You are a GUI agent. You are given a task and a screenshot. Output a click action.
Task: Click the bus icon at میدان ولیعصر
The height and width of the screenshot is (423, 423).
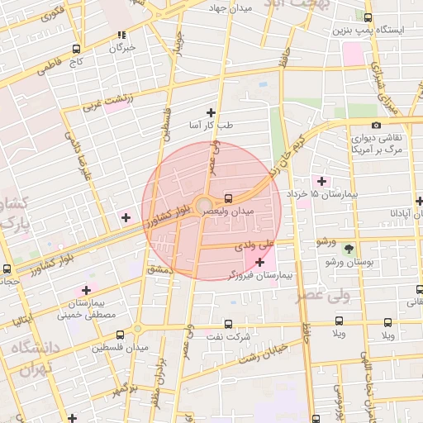pos(228,198)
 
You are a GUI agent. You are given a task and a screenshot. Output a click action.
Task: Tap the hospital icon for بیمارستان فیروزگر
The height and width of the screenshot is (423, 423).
pos(260,262)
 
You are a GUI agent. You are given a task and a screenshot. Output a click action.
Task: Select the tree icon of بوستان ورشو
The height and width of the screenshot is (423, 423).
pos(349,248)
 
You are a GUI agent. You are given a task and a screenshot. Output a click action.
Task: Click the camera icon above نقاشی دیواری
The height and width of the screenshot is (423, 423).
pos(376,126)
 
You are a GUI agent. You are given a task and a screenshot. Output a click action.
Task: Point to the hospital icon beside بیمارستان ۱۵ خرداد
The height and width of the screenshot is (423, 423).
pos(321,181)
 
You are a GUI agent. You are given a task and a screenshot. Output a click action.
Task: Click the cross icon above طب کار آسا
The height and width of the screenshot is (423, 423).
pos(211,112)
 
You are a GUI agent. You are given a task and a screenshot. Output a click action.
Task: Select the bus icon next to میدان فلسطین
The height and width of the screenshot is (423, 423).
pos(121,335)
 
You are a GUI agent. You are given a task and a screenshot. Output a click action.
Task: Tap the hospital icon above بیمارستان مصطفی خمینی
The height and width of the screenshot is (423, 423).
pos(86,290)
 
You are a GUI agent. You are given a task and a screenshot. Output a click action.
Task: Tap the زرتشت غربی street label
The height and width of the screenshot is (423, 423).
pos(106,104)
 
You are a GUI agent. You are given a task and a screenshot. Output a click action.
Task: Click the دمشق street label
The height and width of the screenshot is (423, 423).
pos(158,269)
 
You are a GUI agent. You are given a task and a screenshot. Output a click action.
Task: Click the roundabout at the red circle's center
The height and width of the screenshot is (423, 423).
pos(203,203)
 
